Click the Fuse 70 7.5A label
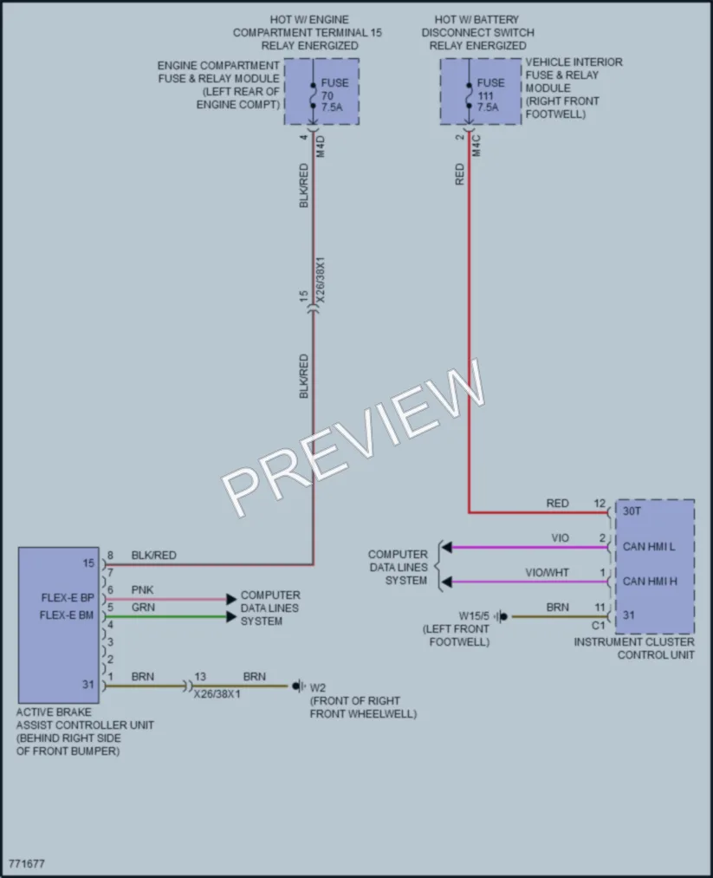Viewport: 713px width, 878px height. coord(334,94)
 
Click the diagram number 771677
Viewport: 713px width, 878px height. coord(26,863)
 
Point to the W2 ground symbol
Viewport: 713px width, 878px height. coord(299,686)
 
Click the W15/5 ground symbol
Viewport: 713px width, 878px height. coord(502,616)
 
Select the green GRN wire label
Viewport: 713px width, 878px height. coord(143,608)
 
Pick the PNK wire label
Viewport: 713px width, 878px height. coord(142,590)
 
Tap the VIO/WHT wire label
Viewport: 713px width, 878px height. coord(547,573)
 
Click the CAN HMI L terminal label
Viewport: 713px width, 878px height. coord(649,547)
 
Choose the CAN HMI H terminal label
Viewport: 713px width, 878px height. coord(650,582)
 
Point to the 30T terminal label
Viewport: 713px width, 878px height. coord(632,511)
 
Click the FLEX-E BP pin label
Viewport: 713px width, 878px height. coord(68,598)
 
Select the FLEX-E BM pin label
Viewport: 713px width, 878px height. coord(67,615)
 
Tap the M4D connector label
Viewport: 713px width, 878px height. coord(321,146)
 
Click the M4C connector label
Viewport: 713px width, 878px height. coord(476,146)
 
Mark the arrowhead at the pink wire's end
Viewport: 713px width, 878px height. coord(231,599)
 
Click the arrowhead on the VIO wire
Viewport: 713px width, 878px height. coord(447,547)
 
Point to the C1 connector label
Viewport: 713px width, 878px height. coord(599,626)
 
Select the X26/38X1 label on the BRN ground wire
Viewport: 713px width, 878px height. coord(217,694)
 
